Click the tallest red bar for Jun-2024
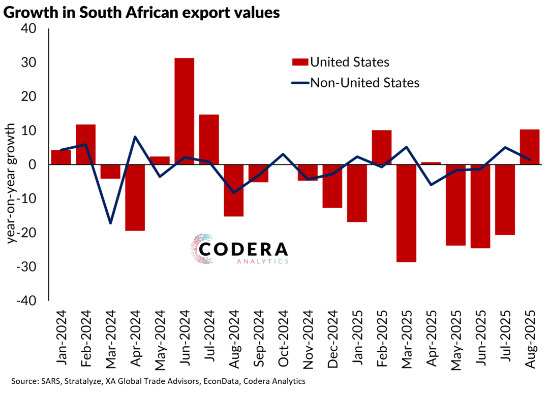coord(185,111)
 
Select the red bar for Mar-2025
coord(406,213)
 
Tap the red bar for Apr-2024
coord(135,197)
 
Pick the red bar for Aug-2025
coord(530,147)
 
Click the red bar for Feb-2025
coord(382,147)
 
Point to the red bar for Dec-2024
coord(332,186)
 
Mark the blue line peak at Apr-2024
coord(135,137)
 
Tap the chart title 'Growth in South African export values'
coord(142,12)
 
